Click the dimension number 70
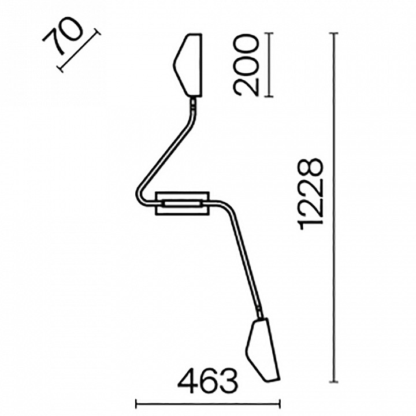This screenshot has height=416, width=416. point(62,36)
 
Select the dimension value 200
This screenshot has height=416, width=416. point(246,65)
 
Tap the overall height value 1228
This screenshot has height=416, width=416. point(311,194)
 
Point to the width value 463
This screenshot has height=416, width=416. point(208,381)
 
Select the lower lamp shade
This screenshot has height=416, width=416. point(263,350)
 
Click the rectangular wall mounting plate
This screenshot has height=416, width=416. point(183,203)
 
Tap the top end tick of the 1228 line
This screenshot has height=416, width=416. point(333,33)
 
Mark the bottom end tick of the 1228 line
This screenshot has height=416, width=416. point(333,382)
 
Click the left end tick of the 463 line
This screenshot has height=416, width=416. point(136,405)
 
